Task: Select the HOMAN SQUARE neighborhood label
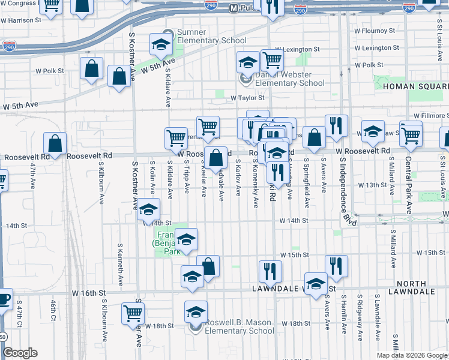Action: (x=415, y=87)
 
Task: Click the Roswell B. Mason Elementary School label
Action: (x=239, y=326)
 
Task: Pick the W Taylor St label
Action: (x=247, y=97)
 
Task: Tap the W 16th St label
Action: (x=89, y=293)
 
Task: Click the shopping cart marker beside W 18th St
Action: (x=133, y=312)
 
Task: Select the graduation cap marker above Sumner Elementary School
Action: (x=161, y=43)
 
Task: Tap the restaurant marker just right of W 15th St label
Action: (x=336, y=266)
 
